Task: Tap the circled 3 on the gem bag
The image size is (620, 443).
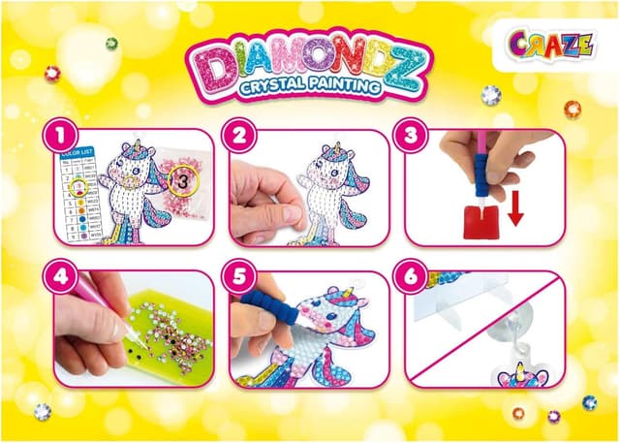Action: pos(181,178)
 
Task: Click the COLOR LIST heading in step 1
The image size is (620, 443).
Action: pos(83,150)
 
